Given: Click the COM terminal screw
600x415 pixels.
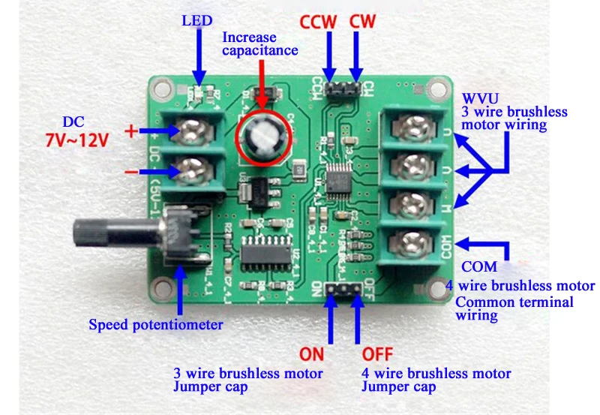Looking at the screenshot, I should pos(409,243).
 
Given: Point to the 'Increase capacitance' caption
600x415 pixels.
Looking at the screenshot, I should pos(259,44).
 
